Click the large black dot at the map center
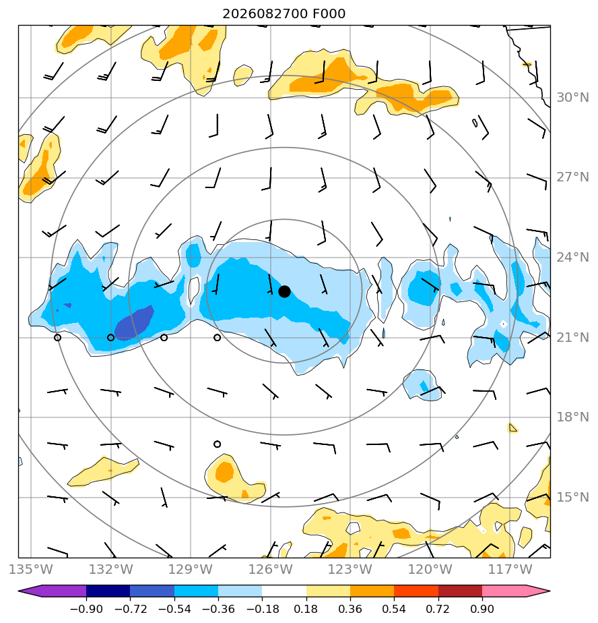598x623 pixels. point(284,291)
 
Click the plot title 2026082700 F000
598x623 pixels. point(284,14)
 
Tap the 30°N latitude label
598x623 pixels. point(572,97)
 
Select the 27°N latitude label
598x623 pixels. point(572,177)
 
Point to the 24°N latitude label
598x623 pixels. point(572,258)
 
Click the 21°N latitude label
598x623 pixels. point(572,337)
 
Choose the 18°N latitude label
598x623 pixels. point(572,417)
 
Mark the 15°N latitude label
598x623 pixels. point(572,497)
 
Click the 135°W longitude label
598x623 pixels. point(31,569)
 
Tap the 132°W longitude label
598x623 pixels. point(110,569)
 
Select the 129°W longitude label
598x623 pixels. point(191,569)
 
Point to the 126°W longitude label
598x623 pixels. point(271,569)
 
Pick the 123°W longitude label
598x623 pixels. point(350,569)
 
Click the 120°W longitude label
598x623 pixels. point(430,569)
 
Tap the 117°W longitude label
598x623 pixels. point(510,569)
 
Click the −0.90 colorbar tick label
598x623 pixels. point(86,609)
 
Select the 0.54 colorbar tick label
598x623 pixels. point(394,609)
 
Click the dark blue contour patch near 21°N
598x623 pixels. point(134,323)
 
